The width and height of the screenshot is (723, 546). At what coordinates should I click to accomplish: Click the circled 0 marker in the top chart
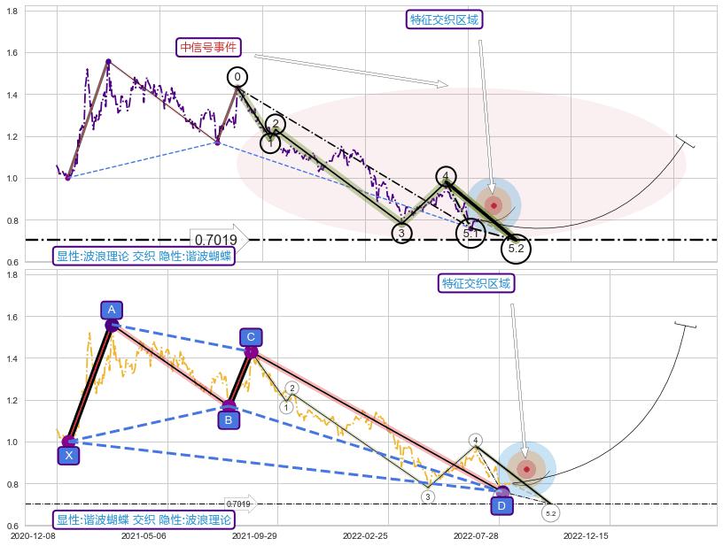click(x=237, y=77)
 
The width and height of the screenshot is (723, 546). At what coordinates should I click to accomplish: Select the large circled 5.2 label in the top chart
click(x=517, y=250)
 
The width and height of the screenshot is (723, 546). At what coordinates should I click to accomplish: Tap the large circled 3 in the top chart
click(x=401, y=233)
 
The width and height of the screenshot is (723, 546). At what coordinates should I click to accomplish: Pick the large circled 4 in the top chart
click(x=447, y=176)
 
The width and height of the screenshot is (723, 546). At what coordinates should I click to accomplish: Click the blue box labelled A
click(x=111, y=310)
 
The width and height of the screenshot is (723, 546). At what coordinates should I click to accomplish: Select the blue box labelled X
click(x=68, y=455)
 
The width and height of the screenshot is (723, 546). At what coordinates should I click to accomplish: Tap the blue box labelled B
click(x=228, y=419)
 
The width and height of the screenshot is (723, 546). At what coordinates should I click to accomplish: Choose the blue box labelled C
click(x=251, y=337)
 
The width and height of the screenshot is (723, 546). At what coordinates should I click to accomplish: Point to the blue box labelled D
click(x=501, y=506)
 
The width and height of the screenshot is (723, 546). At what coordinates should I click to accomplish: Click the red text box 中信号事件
click(x=208, y=48)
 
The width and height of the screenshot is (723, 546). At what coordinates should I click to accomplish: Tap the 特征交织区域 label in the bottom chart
click(x=477, y=283)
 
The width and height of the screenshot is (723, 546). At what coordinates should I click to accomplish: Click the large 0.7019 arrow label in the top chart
click(x=218, y=239)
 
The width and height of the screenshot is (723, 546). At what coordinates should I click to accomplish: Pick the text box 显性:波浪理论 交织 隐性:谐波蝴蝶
click(x=144, y=257)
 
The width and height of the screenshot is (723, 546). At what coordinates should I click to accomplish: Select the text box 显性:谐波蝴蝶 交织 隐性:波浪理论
click(x=144, y=520)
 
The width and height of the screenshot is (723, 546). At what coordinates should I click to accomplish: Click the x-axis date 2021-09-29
click(x=254, y=535)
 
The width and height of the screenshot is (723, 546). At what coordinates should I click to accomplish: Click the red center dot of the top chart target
click(x=494, y=205)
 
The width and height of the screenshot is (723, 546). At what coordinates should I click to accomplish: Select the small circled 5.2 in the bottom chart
click(x=550, y=513)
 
